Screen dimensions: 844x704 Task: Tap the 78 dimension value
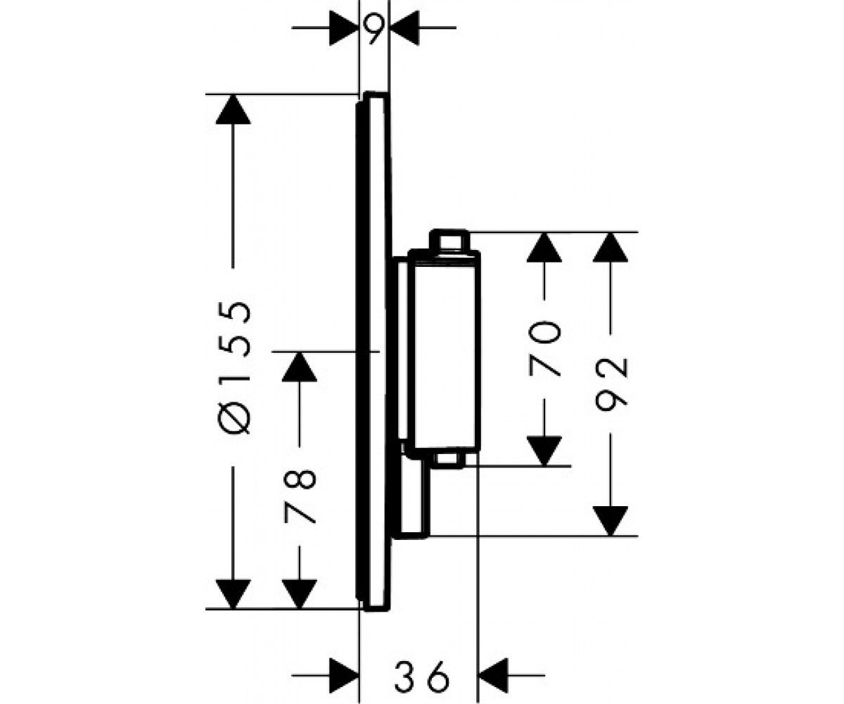pos(300,496)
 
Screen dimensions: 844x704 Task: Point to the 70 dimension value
pos(544,348)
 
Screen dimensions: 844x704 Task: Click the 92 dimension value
pos(611,384)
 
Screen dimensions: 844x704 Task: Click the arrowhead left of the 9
pos(344,28)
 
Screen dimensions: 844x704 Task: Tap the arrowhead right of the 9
pos(404,28)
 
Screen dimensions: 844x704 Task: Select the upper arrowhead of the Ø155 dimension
pos(234,109)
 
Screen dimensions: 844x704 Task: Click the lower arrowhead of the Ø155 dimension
pos(234,594)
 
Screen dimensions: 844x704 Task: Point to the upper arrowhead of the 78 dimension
pos(300,367)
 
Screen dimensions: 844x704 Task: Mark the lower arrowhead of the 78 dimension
pos(300,594)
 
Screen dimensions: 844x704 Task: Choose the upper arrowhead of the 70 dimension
pos(544,248)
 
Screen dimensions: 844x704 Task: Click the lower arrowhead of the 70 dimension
pos(544,451)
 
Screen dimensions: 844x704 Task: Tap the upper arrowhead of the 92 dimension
pos(610,248)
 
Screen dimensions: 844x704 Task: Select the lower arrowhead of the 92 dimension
pos(610,521)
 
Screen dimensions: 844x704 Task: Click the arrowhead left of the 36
pos(344,675)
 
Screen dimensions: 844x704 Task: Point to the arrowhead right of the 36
pos(493,675)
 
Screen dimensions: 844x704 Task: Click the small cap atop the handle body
pos(449,239)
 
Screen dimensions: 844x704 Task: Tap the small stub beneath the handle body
pos(449,460)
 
